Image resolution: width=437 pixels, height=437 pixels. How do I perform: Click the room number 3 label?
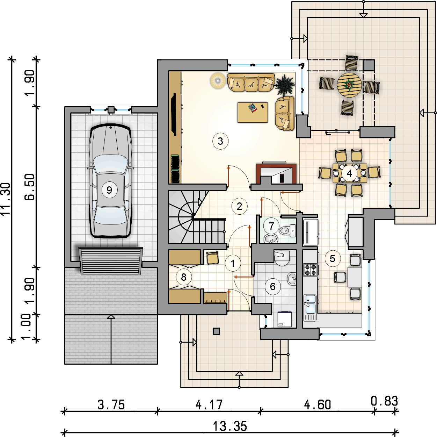tap(220, 141)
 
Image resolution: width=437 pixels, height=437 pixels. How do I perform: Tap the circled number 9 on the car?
tap(109, 190)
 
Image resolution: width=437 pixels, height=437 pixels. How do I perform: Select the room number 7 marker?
tap(271, 226)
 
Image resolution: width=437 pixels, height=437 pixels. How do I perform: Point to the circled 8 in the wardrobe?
tap(184, 277)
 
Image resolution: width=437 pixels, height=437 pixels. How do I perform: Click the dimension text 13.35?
tap(230, 426)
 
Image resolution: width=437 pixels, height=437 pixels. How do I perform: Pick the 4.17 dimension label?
tap(209, 405)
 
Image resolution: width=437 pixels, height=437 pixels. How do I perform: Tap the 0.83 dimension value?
tap(384, 401)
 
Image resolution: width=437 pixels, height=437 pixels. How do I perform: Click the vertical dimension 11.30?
tap(6, 199)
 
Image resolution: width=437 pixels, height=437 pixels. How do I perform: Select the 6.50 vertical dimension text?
tap(29, 187)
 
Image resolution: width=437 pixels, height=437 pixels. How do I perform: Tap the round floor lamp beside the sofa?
tap(218, 80)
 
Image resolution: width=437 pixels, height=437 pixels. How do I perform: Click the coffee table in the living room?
tap(253, 112)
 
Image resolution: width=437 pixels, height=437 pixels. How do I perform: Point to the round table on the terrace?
tap(349, 85)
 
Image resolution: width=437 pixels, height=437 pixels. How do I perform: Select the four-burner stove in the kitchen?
tap(311, 270)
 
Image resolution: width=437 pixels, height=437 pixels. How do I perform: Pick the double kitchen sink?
tap(310, 304)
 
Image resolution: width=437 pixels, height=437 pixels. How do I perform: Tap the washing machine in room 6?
tap(285, 320)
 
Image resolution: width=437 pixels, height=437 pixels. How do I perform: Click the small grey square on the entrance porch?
tap(216, 331)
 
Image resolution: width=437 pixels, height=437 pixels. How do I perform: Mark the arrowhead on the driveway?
tap(111, 317)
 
